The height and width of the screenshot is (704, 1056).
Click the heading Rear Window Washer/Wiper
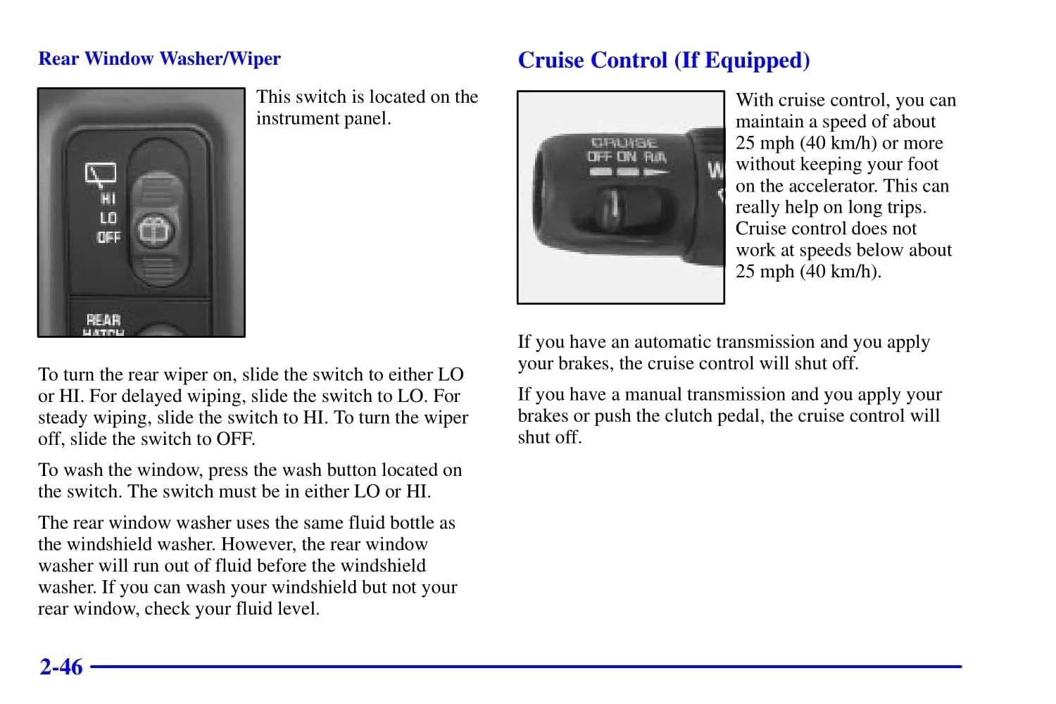click(159, 58)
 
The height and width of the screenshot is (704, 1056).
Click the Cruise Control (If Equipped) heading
click(664, 61)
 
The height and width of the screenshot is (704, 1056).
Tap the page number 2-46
click(61, 667)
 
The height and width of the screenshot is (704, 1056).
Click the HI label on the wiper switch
click(108, 199)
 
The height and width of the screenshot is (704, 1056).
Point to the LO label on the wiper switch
click(108, 218)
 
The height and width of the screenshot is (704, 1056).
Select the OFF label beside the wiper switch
click(108, 237)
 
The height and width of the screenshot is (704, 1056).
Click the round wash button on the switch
click(152, 230)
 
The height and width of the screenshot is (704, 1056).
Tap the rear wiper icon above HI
click(101, 173)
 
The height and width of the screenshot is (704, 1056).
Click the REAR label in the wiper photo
click(103, 320)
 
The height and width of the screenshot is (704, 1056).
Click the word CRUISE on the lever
click(624, 144)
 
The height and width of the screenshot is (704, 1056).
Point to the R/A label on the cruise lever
click(655, 157)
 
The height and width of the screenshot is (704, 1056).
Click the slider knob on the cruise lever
click(613, 206)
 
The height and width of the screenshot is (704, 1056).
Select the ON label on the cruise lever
click(627, 157)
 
